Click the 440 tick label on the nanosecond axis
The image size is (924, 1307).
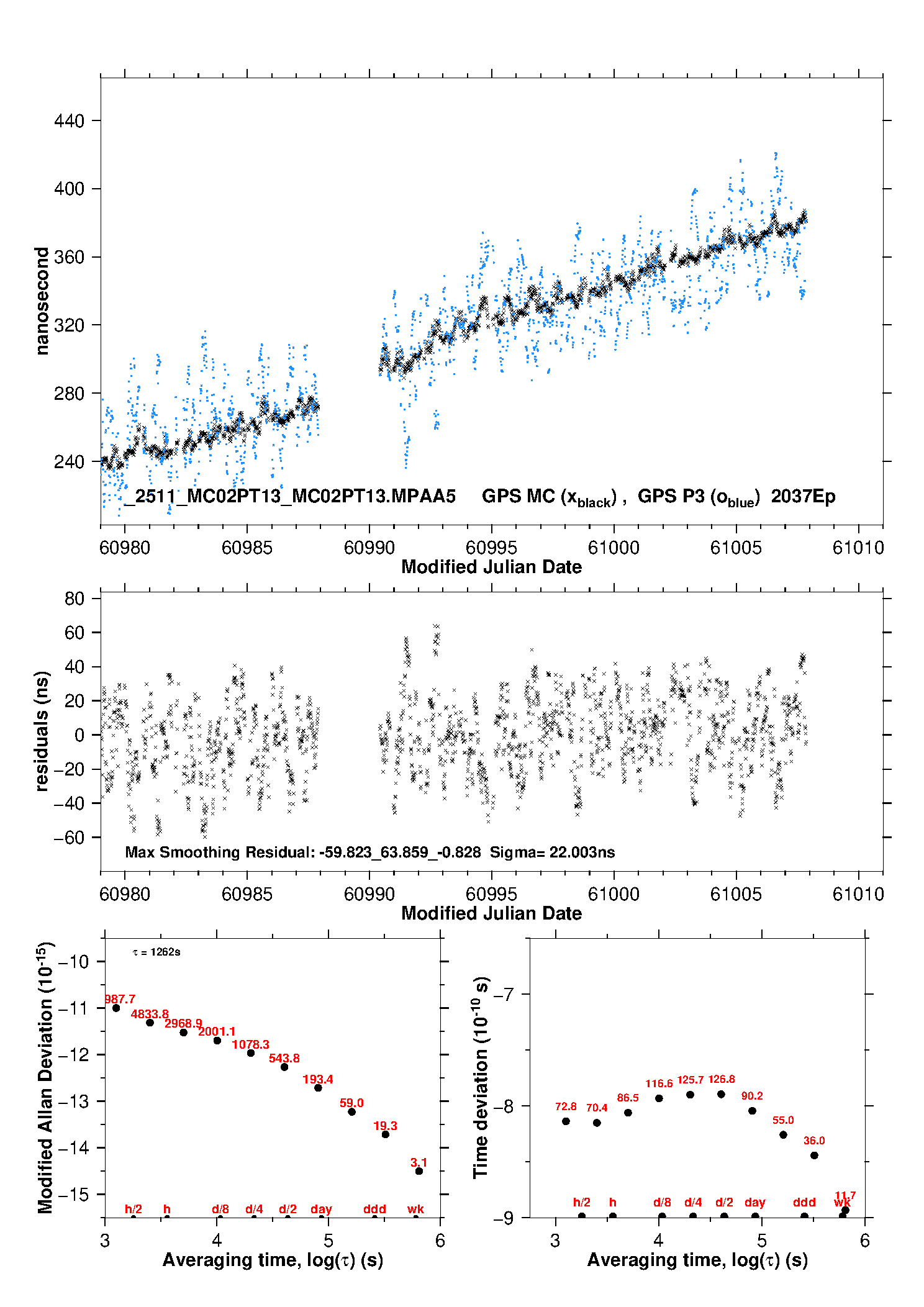click(x=69, y=120)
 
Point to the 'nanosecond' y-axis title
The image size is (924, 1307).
click(x=42, y=301)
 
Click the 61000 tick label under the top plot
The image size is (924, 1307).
click(x=614, y=548)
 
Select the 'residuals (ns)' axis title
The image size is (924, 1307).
click(x=42, y=731)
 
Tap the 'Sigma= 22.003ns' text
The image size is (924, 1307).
click(x=552, y=852)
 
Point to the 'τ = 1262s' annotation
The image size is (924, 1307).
click(x=156, y=952)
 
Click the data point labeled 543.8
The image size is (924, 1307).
click(x=284, y=1067)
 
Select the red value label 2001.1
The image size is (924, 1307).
click(x=217, y=1031)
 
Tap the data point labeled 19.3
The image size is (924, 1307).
click(x=385, y=1134)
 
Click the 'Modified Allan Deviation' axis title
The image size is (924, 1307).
click(x=45, y=1078)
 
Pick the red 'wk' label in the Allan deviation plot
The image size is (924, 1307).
click(x=415, y=1209)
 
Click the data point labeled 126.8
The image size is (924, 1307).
click(x=721, y=1094)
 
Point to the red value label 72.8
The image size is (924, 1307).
click(x=566, y=1106)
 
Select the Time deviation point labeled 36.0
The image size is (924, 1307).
click(x=814, y=1155)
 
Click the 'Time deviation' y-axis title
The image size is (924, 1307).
click(x=481, y=1078)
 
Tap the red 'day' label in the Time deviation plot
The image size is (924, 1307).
click(x=754, y=1202)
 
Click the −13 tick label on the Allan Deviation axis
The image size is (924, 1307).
click(x=73, y=1101)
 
